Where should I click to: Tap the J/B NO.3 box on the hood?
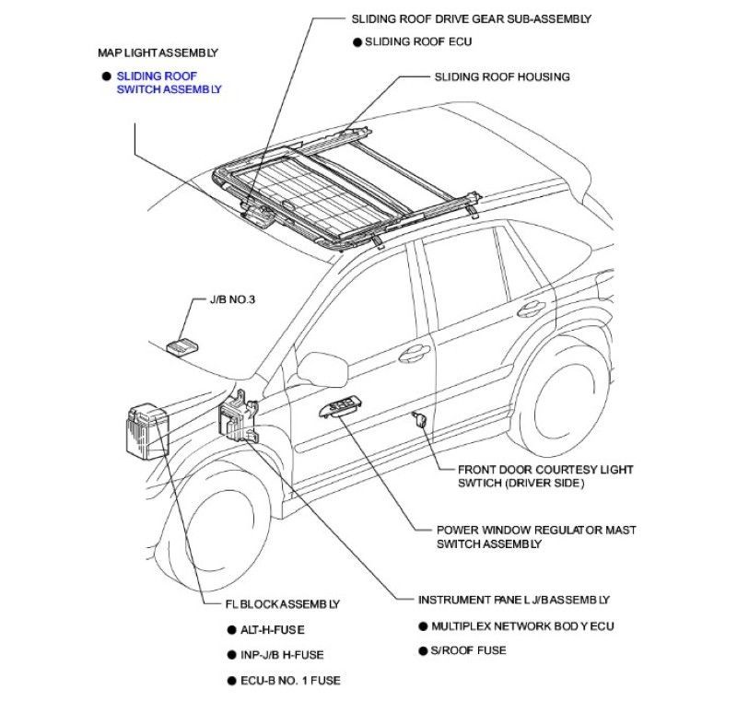[x=180, y=345]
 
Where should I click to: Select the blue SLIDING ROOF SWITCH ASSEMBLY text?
[x=169, y=82]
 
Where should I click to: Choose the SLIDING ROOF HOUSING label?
[x=502, y=76]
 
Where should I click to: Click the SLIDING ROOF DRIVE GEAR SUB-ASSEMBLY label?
[x=471, y=18]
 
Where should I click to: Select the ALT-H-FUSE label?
[x=272, y=630]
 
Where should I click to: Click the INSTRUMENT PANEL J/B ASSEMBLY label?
[x=514, y=600]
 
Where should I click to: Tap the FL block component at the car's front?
[x=145, y=428]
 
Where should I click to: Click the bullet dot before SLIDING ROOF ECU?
[x=357, y=41]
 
